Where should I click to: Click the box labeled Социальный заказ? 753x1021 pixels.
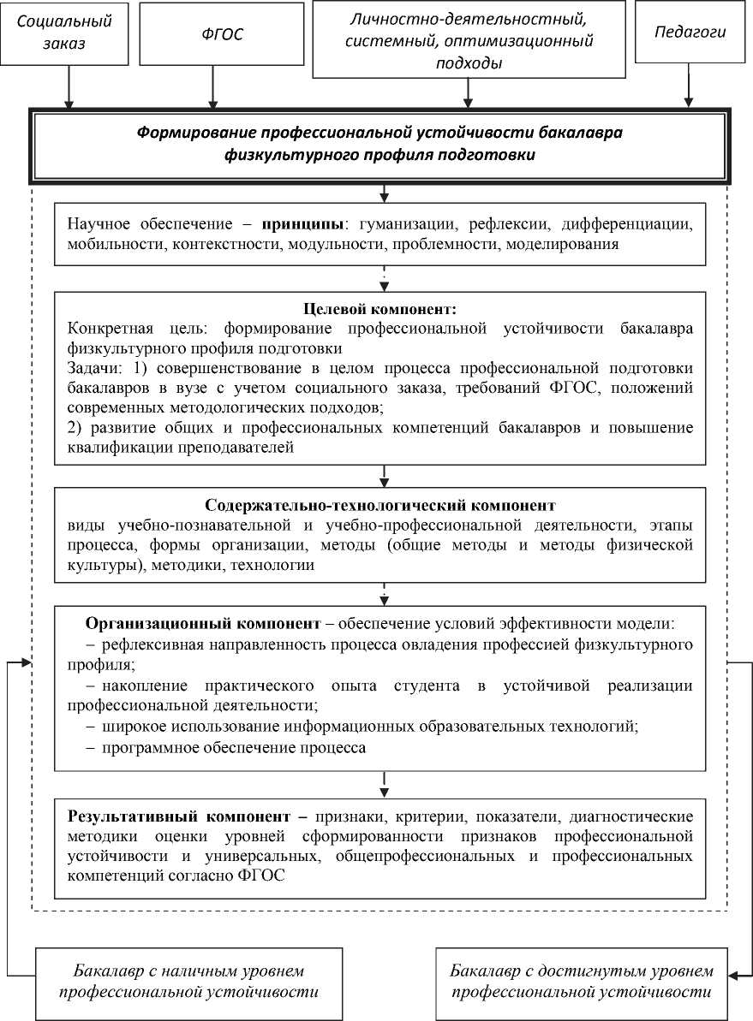(63, 32)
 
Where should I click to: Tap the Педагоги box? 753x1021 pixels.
(690, 33)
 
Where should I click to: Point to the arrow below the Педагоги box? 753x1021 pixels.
(689, 86)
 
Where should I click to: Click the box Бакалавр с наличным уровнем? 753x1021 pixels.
(189, 982)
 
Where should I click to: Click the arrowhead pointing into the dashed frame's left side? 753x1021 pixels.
(26, 662)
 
